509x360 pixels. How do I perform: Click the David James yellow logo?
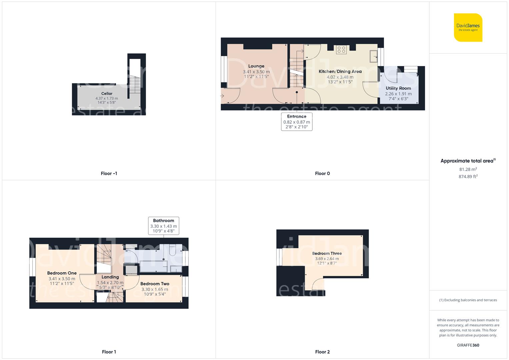468,27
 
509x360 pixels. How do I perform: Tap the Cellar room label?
107,94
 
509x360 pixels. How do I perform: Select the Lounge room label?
256,66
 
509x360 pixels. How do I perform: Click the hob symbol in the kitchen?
341,50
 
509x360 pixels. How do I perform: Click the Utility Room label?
398,88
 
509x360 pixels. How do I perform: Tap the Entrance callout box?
297,121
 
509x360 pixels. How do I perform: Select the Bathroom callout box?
163,226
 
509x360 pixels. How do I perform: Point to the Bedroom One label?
62,273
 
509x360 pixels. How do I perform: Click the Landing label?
110,277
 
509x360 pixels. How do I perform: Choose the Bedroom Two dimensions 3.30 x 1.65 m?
155,289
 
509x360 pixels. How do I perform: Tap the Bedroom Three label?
327,253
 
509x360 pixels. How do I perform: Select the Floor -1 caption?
109,173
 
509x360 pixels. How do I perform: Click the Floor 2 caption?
322,352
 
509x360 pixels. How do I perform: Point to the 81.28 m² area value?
468,169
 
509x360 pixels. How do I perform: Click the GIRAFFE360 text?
468,345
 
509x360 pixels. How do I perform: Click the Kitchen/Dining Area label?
340,71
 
